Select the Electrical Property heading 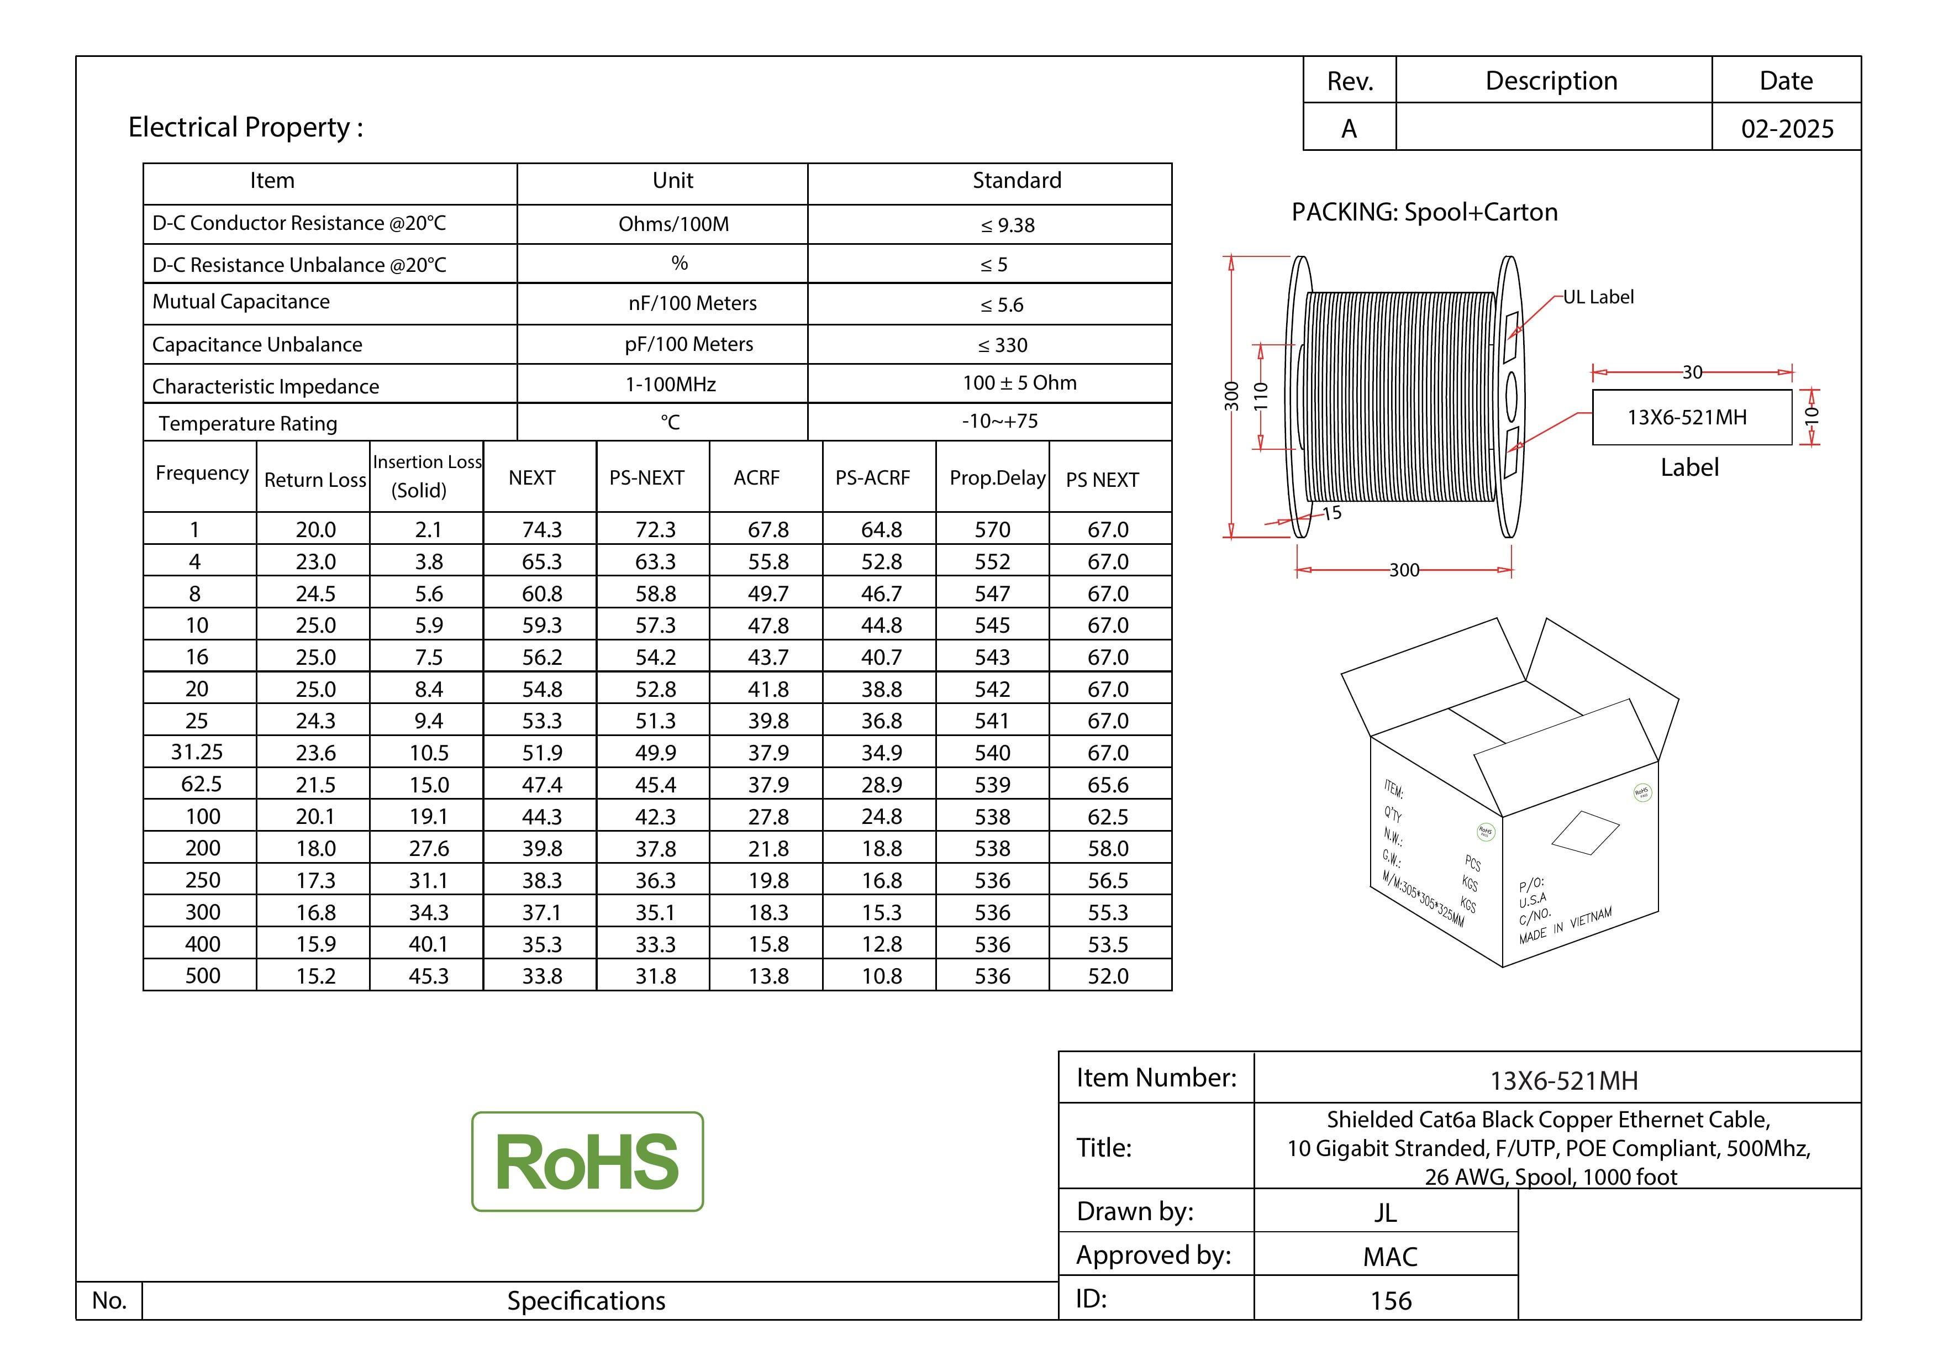pos(246,128)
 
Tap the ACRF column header pos(756,478)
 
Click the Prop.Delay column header pos(997,478)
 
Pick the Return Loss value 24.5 pos(315,593)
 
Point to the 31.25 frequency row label pos(197,752)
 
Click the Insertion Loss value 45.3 pos(429,976)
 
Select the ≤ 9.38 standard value pos(1008,224)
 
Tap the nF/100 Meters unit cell pos(692,303)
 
